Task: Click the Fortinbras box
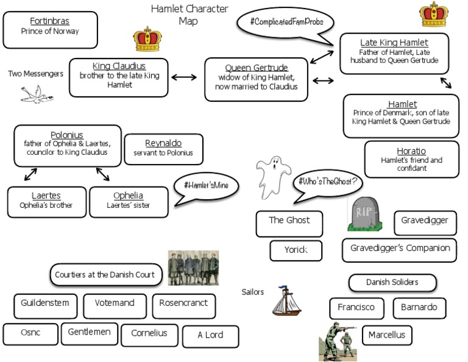(x=50, y=29)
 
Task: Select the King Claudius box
(x=118, y=77)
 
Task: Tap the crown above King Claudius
(x=146, y=38)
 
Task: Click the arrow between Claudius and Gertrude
(x=185, y=77)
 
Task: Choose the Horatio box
(x=411, y=159)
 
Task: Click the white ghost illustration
(x=271, y=176)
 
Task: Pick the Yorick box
(x=296, y=250)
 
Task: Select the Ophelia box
(x=128, y=201)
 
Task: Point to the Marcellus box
(x=386, y=335)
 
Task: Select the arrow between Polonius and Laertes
(x=30, y=175)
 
